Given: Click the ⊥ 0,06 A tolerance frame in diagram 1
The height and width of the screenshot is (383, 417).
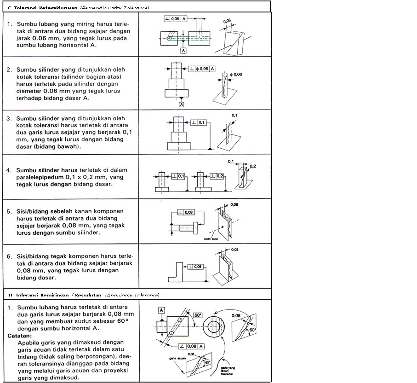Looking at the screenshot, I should point(176,19).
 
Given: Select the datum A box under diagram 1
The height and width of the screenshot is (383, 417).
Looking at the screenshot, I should point(183,51).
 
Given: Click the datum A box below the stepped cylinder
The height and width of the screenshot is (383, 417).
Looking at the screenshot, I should point(182,104).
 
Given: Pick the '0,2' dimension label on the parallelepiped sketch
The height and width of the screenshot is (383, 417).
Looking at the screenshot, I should point(252,166).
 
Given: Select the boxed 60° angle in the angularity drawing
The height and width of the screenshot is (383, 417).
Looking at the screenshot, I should point(198,315).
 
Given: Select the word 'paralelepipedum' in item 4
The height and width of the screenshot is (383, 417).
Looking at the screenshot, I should point(38,177).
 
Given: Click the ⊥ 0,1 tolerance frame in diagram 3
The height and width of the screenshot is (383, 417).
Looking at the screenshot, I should point(199,122).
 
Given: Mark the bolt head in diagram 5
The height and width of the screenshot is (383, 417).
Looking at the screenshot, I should point(195,227).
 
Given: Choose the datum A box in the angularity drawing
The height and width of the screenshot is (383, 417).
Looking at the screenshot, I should point(162,310).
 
